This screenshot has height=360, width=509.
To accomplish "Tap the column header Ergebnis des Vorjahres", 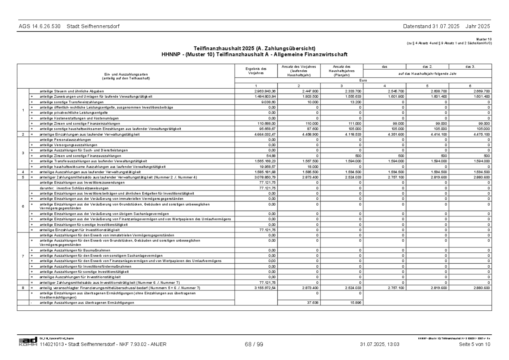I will pos(256,71).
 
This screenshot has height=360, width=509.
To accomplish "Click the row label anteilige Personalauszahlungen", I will pos(65,140).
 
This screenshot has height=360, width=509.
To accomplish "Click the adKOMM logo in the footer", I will pos(28,342).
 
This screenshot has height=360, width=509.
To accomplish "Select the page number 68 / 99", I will pos(254,345).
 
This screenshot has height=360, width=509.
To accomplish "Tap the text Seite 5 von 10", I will pos(474,345).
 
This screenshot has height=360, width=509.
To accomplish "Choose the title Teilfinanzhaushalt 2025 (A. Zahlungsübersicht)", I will pos(254,48).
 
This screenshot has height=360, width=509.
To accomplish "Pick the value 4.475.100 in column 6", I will pos(482,134).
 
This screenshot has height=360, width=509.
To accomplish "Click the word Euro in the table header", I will pos(363,81).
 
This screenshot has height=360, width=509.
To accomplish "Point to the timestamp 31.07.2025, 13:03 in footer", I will pos(379,345).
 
